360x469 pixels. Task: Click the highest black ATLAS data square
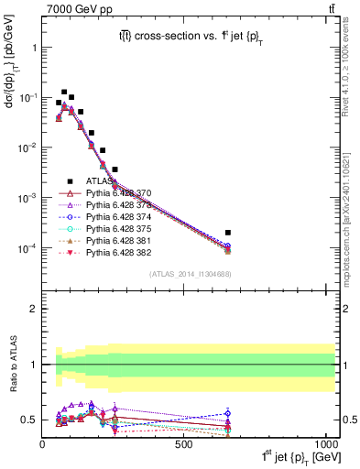click(64, 93)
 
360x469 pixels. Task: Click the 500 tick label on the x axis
click(183, 444)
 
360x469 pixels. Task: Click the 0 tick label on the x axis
click(43, 444)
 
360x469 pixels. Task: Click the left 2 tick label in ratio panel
click(34, 309)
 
